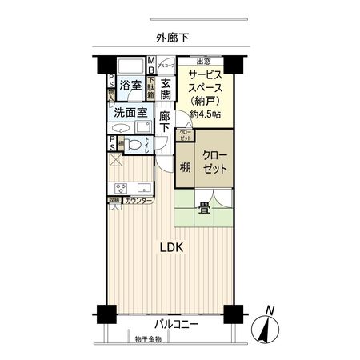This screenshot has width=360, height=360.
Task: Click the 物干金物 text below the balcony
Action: pos(147,340)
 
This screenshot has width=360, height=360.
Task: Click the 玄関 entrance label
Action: pos(166,89)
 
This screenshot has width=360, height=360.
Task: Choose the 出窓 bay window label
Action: pos(204,61)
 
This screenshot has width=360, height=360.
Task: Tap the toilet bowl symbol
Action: pos(134,145)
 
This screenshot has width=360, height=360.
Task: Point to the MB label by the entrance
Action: pos(150,64)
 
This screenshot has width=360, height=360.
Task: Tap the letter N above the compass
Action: pos(270,310)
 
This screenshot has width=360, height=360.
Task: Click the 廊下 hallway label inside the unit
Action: pos(166,122)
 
